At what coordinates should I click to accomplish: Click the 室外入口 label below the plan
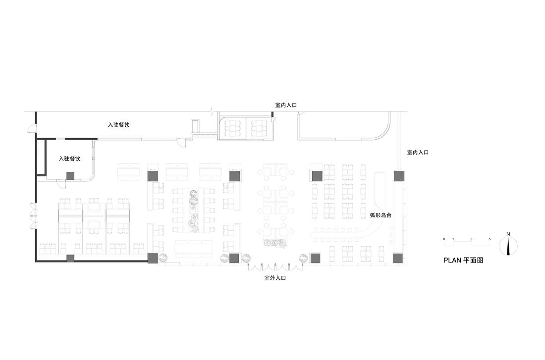coord(275,278)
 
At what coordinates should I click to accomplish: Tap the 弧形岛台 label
coord(381,215)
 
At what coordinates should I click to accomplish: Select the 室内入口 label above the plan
coord(286,105)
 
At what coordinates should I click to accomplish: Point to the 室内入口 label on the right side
coord(418,153)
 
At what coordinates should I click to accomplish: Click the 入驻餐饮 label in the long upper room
coord(119,125)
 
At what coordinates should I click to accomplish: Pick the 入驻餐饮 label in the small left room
coord(69,159)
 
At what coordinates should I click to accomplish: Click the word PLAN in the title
coord(452,260)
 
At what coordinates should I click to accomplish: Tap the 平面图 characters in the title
coord(473,260)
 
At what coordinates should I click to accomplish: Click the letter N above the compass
coord(508,234)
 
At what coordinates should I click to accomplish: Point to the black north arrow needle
coord(508,246)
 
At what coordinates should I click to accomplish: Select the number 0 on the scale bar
coord(444,239)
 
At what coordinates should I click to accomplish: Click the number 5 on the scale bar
coord(490,239)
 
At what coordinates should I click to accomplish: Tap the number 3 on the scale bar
coord(471,239)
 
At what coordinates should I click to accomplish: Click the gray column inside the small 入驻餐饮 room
coord(70,175)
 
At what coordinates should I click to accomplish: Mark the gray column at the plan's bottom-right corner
coord(398,258)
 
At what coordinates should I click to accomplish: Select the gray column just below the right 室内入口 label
coord(399,176)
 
